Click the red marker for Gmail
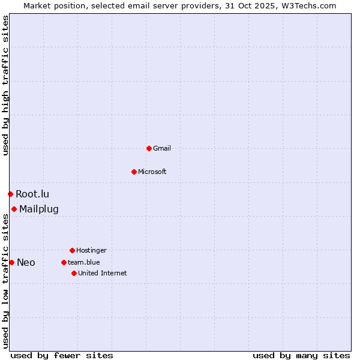click(149, 148)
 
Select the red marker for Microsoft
click(134, 172)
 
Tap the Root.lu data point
click(10, 194)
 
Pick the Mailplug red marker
click(14, 209)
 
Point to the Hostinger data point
click(72, 250)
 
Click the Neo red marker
click(11, 262)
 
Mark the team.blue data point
click(64, 262)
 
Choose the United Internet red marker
click(74, 273)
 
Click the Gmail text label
click(162, 148)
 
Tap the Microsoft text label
click(152, 172)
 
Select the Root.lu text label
click(32, 194)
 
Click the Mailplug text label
click(39, 209)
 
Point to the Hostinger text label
click(91, 250)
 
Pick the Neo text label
click(26, 262)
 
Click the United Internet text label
click(103, 273)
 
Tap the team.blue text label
click(84, 262)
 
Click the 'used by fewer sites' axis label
click(62, 355)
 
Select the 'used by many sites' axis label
click(301, 355)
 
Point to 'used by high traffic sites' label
click(5, 85)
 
